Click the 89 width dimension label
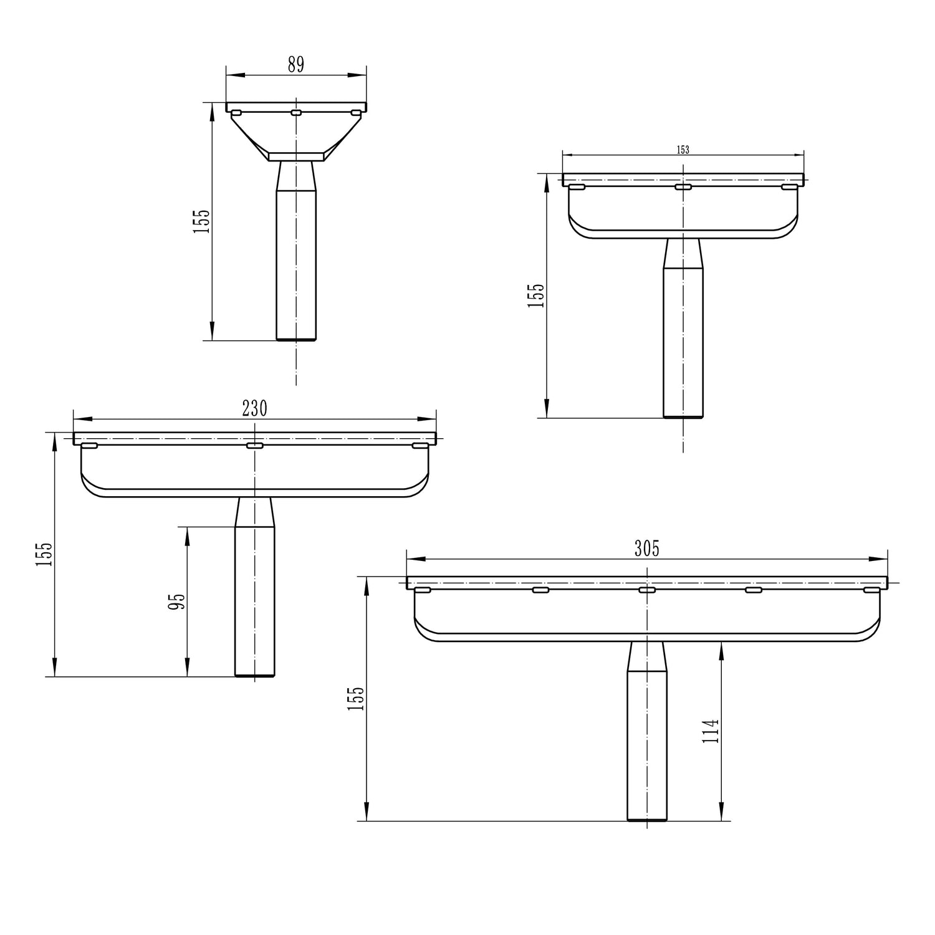[x=296, y=64]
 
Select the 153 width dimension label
[x=683, y=150]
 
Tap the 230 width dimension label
[x=254, y=408]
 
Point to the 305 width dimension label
[x=646, y=549]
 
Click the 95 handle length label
[x=178, y=602]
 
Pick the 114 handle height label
[x=711, y=731]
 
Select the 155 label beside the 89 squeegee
[x=202, y=221]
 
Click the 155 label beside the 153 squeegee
[x=535, y=295]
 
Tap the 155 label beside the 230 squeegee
[x=44, y=554]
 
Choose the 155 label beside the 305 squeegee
[x=355, y=699]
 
